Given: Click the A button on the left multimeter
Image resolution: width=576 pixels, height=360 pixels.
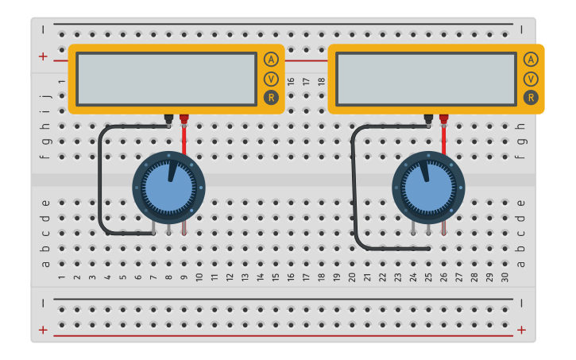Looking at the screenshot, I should [272, 60].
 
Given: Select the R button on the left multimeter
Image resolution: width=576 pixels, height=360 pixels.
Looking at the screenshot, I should [272, 98].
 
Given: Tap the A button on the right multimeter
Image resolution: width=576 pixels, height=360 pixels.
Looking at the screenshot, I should [531, 60].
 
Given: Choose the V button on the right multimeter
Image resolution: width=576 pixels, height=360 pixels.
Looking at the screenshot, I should [531, 79].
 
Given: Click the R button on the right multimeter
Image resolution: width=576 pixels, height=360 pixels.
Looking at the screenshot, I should [531, 98].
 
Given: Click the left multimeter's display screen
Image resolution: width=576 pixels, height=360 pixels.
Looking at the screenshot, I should [166, 79].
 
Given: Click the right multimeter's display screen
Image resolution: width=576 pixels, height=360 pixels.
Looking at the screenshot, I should [426, 79].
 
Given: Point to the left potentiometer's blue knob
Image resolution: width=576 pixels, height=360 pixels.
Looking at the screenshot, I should [168, 188].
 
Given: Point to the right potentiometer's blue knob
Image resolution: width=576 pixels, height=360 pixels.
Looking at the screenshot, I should [429, 188].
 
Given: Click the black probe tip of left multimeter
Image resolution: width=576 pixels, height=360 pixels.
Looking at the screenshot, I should [168, 119].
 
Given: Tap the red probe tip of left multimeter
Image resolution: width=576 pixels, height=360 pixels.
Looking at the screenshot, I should [184, 119].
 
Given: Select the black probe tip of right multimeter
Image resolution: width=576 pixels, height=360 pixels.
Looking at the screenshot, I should [428, 119].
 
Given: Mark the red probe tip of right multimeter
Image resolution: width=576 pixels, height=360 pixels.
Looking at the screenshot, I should [443, 119].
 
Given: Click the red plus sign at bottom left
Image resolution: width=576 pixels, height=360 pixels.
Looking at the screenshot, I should [43, 330].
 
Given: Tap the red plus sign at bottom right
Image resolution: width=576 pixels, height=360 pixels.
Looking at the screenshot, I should [521, 330].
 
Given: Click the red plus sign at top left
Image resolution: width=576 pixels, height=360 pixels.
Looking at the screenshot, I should [43, 56].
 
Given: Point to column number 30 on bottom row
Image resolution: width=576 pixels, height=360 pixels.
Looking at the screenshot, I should [505, 277].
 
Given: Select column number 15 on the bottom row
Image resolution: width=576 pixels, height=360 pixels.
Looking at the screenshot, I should [276, 277].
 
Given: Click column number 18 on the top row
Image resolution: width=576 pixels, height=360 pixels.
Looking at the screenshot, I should [322, 82].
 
